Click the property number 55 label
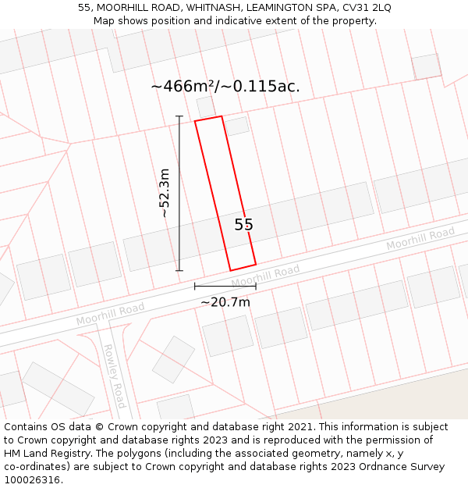pos(244,225)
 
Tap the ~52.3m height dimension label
pos(165,193)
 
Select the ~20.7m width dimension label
pos(225,302)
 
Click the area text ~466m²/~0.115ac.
pos(225,87)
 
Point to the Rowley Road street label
pos(115,376)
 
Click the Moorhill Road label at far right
pos(420,239)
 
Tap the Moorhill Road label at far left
pos(110,315)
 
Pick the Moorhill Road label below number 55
pos(265,275)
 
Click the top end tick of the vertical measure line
pos(179,116)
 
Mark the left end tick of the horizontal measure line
pos(195,287)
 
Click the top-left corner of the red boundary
pos(195,121)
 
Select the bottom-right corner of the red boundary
pos(256,264)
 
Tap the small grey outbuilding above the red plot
pos(205,107)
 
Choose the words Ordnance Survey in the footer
pos(407,467)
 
